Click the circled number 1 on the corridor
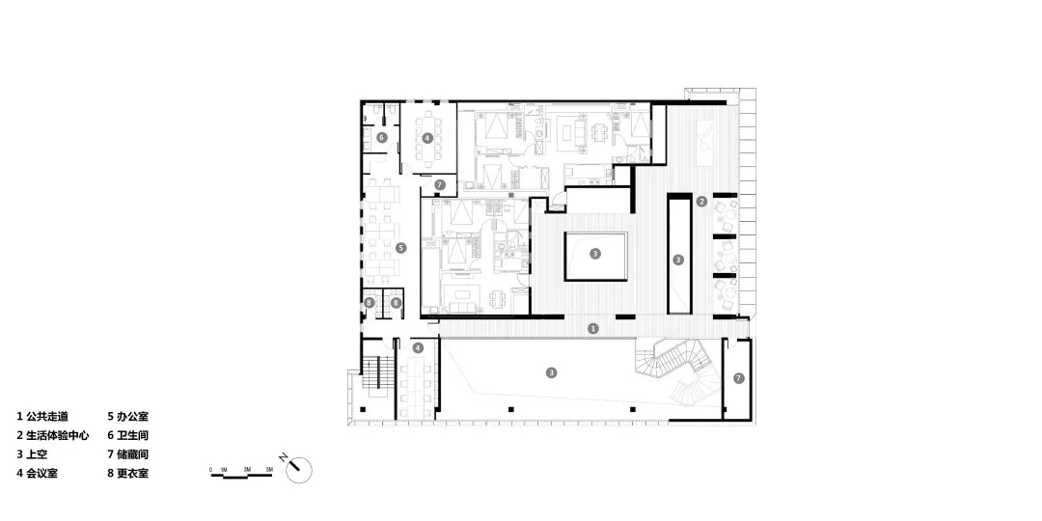pyautogui.click(x=593, y=328)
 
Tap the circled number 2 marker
pyautogui.click(x=702, y=202)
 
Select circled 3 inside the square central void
pyautogui.click(x=595, y=255)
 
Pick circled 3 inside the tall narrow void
pyautogui.click(x=678, y=260)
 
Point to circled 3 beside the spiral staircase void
pyautogui.click(x=551, y=372)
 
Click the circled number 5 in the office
pyautogui.click(x=401, y=248)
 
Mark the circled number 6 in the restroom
pyautogui.click(x=382, y=139)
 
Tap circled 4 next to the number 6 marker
pyautogui.click(x=426, y=139)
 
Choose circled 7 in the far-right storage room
pyautogui.click(x=739, y=377)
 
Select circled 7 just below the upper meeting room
pyautogui.click(x=439, y=183)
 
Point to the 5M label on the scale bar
pyautogui.click(x=269, y=469)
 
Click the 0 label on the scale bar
pyautogui.click(x=210, y=469)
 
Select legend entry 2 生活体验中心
pyautogui.click(x=53, y=435)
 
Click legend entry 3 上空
pyautogui.click(x=34, y=453)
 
